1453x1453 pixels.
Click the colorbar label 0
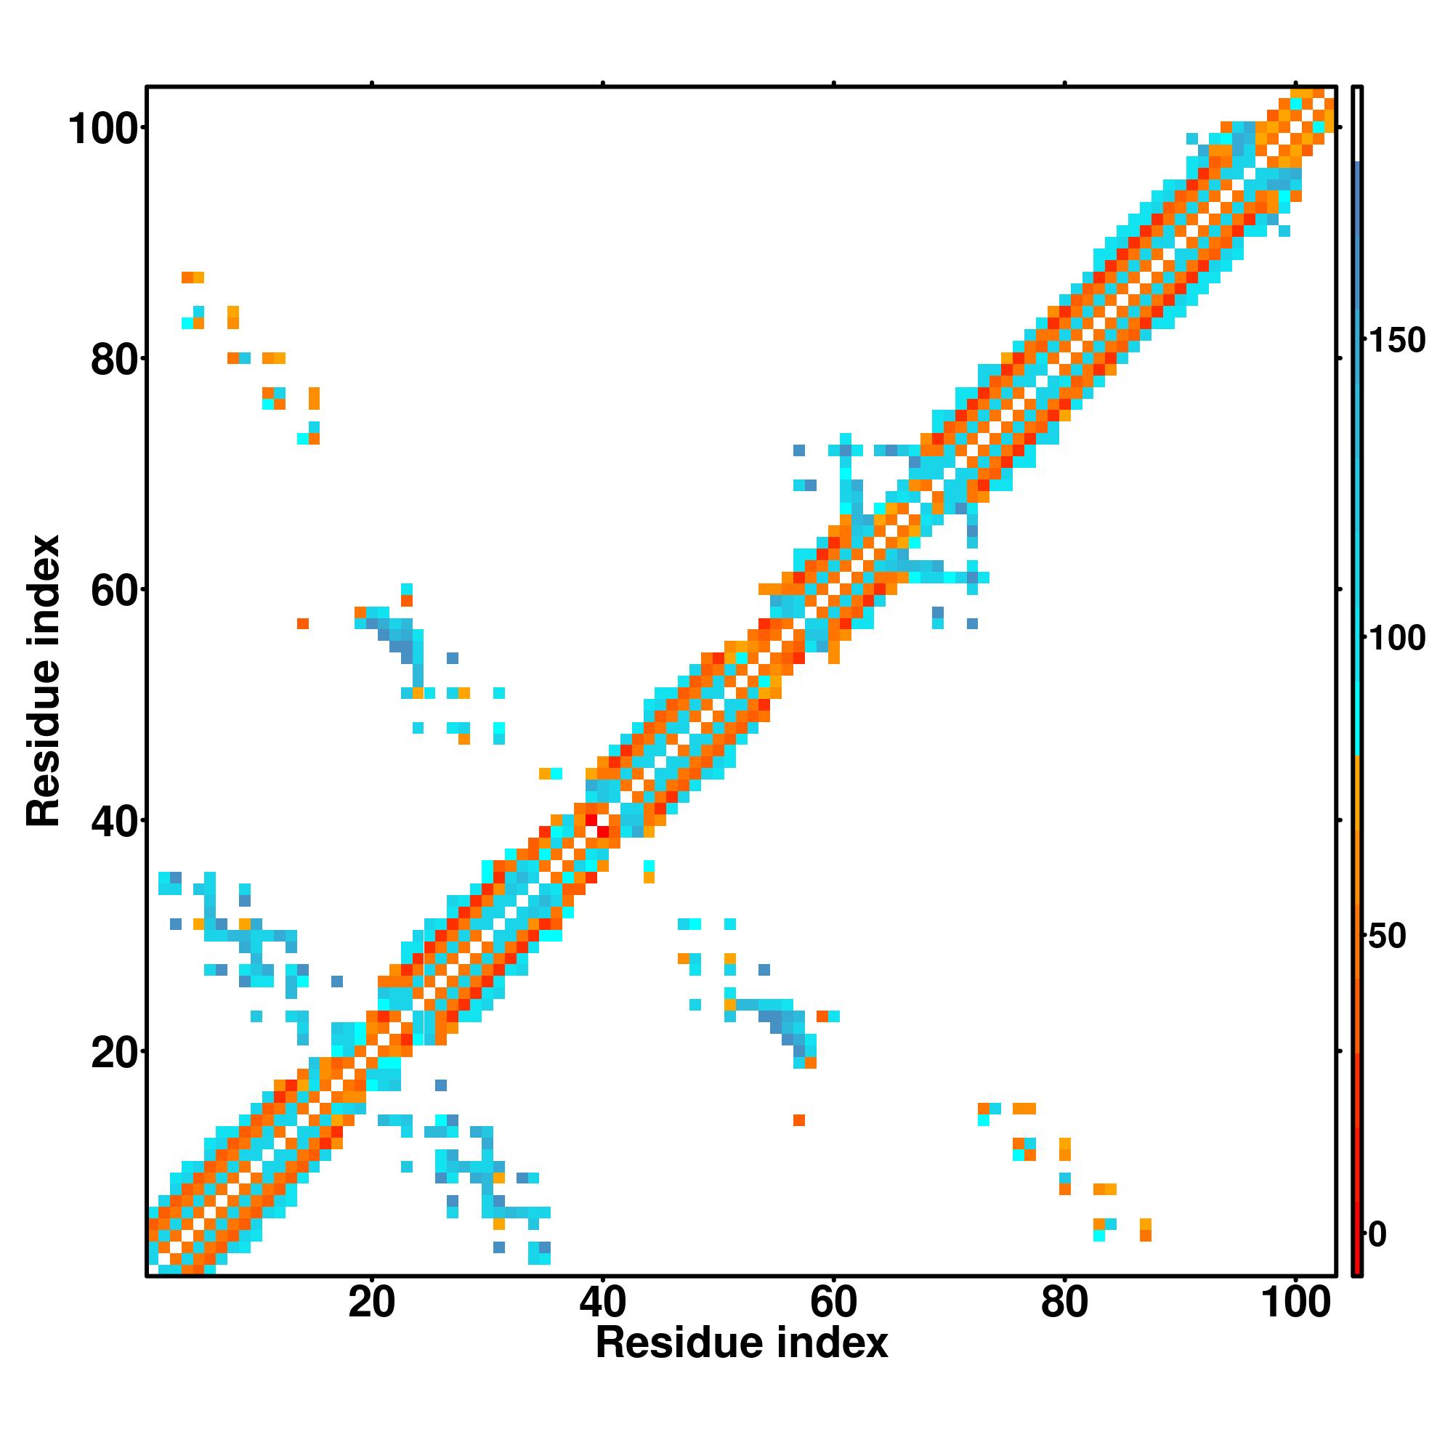tap(1377, 1235)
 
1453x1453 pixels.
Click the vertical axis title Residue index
tap(44, 681)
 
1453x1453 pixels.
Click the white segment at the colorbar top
tap(1358, 124)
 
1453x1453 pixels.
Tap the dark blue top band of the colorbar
tap(1358, 226)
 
